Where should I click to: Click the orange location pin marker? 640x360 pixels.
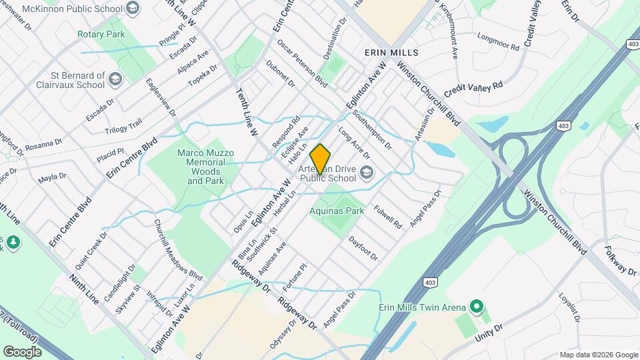click(320, 159)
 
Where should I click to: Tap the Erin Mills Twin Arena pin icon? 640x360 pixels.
click(476, 307)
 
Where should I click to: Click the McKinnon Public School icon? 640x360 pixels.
click(133, 9)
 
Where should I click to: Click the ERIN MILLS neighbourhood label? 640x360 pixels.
click(391, 52)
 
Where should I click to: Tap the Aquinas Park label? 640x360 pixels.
click(337, 211)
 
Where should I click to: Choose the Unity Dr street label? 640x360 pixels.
click(488, 332)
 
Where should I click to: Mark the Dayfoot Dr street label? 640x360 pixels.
click(363, 247)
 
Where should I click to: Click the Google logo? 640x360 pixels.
click(22, 351)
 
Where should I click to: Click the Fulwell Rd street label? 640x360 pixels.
click(387, 217)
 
